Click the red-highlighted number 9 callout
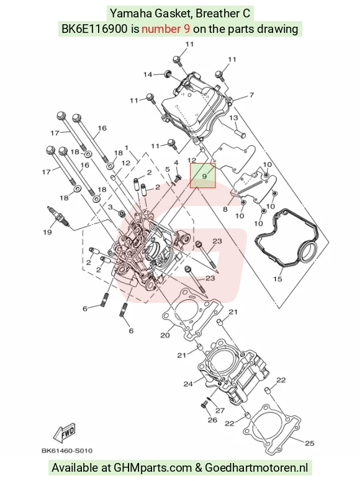tap(203, 175)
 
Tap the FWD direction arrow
tap(65, 433)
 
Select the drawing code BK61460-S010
tap(67, 451)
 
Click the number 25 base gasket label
tap(310, 443)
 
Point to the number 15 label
tap(277, 279)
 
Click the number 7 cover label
tap(251, 95)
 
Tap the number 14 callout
tap(148, 74)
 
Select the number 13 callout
tap(234, 118)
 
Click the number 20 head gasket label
tap(165, 335)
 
